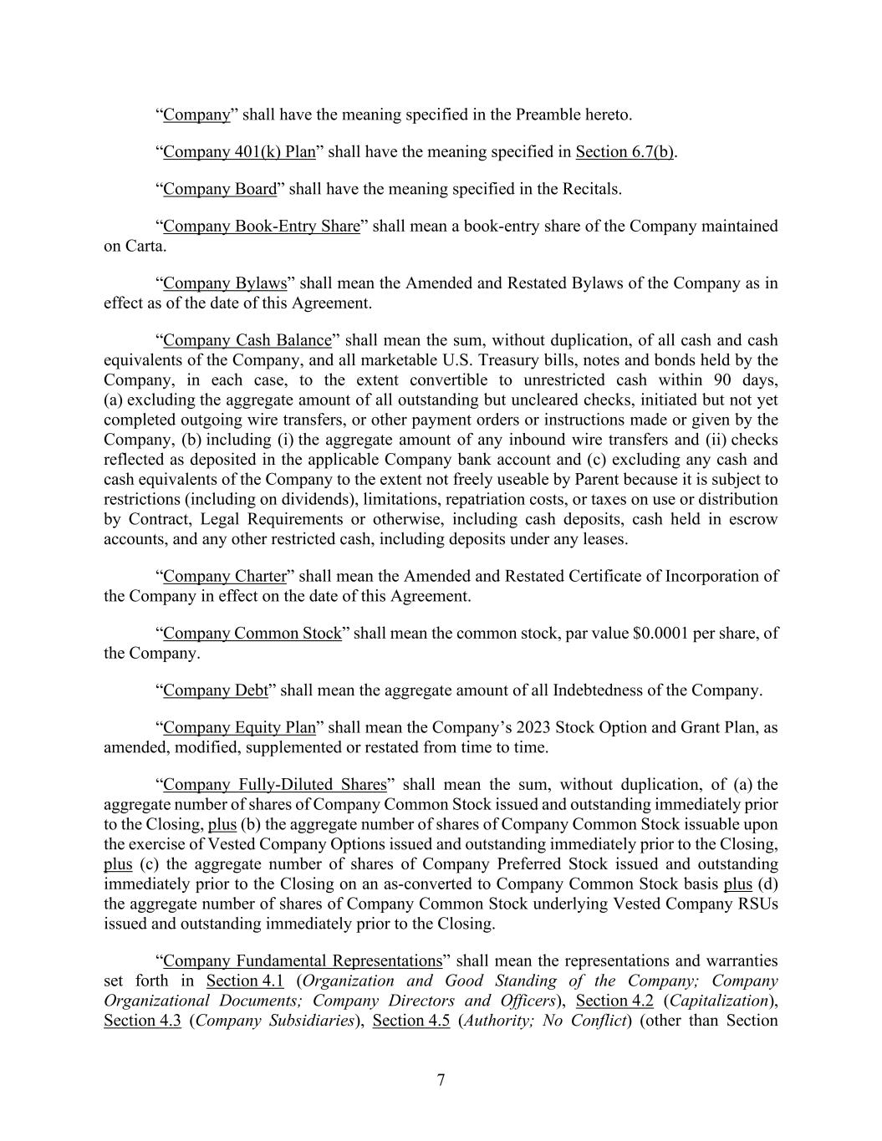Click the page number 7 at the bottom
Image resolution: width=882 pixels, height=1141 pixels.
pos(441,1080)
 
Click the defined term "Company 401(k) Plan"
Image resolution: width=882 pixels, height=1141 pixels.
pos(239,151)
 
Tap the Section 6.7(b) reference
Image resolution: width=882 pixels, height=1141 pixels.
pos(625,151)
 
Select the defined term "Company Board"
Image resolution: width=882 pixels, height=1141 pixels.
pos(220,189)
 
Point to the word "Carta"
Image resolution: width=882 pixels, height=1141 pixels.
pos(145,246)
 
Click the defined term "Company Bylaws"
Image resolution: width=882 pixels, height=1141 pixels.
pos(225,283)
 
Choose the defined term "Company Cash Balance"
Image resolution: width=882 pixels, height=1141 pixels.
pos(247,340)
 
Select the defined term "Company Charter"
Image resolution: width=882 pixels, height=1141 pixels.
pos(225,577)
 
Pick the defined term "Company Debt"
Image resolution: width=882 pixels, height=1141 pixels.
pos(216,690)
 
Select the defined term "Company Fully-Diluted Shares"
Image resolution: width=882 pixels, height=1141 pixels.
pos(275,785)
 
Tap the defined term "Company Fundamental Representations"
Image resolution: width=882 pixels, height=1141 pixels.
pos(303,961)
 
